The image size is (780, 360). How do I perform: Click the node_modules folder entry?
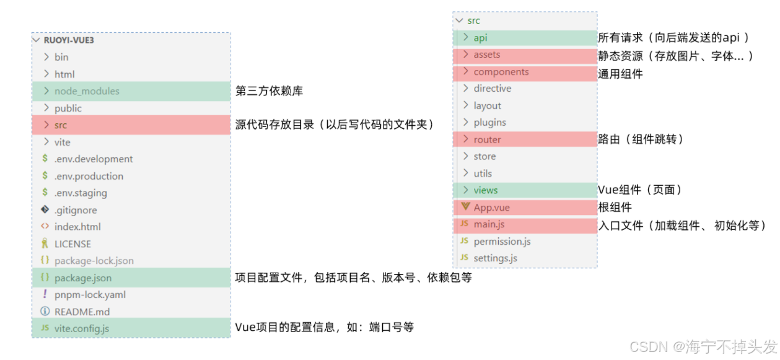[x=87, y=91]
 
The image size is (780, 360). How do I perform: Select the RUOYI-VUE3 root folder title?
[x=69, y=40]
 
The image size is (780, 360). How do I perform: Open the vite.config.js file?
[x=81, y=328]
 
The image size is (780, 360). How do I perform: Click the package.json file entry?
[x=83, y=278]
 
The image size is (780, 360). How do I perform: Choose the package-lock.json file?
[x=94, y=261]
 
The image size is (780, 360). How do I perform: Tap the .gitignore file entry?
[x=76, y=210]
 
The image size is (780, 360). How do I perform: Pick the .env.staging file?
[x=81, y=193]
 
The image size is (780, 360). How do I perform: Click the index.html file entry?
[x=77, y=227]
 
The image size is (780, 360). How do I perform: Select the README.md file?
[x=82, y=312]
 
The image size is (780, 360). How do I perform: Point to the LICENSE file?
[x=72, y=244]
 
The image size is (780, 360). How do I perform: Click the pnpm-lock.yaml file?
[x=90, y=295]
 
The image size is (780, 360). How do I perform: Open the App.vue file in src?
[x=491, y=208]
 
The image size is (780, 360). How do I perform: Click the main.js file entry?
[x=489, y=224]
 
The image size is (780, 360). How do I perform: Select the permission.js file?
[x=502, y=242]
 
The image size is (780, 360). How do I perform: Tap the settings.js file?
[x=495, y=258]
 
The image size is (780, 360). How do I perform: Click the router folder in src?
[x=487, y=140]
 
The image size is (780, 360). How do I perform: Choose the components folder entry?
[x=501, y=72]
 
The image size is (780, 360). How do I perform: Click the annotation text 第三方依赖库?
[x=269, y=91]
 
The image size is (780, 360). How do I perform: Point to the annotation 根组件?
[x=615, y=208]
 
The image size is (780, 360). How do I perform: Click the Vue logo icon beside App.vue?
[x=465, y=207]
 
